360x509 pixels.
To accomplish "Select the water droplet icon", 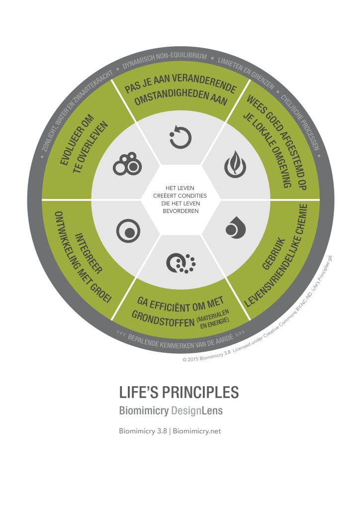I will (235, 227).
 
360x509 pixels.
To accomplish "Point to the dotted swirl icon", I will (180, 263).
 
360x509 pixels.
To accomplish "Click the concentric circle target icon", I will (128, 231).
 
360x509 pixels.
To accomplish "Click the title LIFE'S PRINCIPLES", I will (179, 392).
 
